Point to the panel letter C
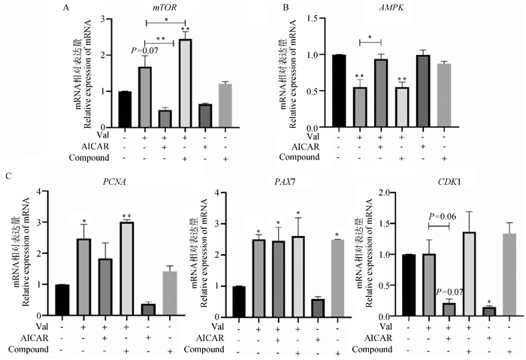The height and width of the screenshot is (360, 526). [8, 177]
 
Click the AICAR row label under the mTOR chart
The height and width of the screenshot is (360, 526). [96, 147]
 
